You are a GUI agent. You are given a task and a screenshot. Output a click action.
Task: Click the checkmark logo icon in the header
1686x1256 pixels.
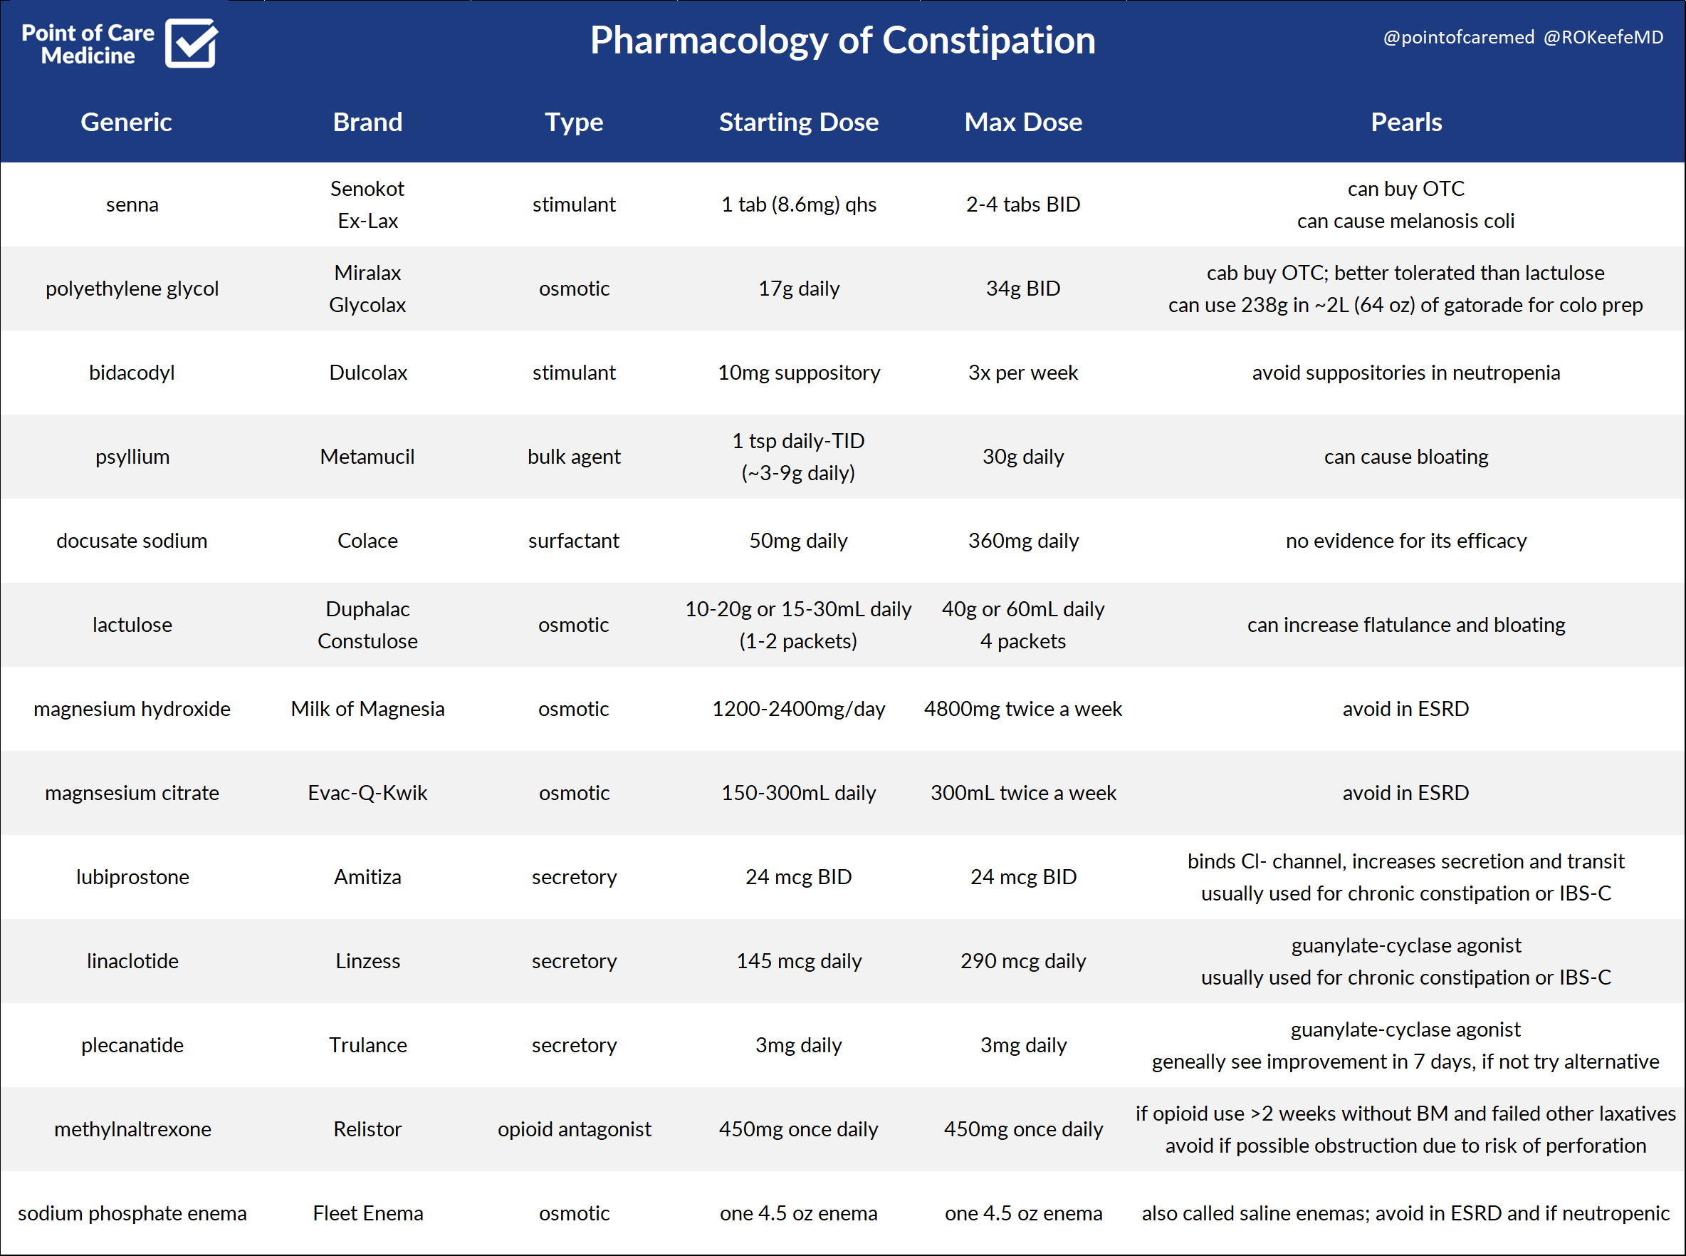(191, 43)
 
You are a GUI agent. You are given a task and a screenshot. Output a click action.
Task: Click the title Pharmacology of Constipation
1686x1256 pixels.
(842, 41)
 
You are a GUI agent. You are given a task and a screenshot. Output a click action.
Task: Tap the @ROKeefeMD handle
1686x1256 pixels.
(1603, 37)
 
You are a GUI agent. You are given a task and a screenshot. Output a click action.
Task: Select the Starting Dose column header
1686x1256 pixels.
(799, 122)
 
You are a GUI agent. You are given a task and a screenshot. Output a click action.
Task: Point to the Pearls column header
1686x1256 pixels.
(1405, 122)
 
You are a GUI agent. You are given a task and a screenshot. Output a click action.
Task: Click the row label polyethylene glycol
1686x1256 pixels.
(132, 289)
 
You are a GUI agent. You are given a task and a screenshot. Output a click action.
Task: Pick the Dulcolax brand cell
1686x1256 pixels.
(367, 373)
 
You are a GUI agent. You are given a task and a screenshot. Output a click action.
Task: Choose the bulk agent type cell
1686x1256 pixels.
(574, 457)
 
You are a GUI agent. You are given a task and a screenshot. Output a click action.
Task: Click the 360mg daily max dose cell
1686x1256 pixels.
(1022, 541)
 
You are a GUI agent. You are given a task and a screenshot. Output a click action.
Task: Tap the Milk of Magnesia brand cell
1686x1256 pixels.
(367, 709)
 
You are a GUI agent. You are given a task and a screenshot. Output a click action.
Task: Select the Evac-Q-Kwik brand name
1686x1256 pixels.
(367, 793)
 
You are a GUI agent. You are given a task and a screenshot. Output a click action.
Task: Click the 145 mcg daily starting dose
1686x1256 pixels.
(799, 961)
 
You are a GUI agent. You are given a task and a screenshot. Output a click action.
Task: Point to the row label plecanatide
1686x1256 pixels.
(132, 1045)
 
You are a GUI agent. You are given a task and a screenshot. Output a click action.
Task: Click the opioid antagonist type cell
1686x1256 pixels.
(574, 1129)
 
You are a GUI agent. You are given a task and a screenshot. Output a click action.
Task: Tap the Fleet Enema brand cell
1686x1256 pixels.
(367, 1213)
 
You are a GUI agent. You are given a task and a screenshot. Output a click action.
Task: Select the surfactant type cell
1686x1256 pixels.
(574, 541)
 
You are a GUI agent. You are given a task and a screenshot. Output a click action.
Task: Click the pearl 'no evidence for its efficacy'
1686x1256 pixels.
(1405, 541)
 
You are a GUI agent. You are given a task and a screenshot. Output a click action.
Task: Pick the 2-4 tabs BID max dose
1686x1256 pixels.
(1022, 204)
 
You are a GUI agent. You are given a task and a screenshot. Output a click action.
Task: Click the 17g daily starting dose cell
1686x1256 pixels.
(799, 289)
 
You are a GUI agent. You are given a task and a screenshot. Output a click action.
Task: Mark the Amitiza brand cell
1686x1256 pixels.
(367, 878)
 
